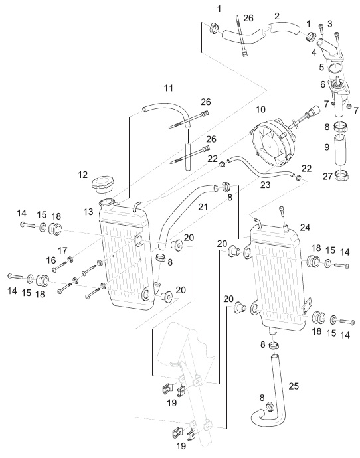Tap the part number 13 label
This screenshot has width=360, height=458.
[88, 212]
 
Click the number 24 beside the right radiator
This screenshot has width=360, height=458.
[305, 227]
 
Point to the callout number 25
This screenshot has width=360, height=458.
[294, 386]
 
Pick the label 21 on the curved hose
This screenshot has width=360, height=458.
[203, 207]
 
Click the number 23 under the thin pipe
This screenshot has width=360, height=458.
[265, 185]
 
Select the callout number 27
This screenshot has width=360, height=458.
[327, 176]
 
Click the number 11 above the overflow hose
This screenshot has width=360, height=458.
[169, 88]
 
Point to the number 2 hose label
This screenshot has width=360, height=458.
[277, 16]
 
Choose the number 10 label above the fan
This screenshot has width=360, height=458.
[260, 110]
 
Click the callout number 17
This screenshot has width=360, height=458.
[62, 251]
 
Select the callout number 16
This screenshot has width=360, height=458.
[51, 260]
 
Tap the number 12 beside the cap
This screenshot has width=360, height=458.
[83, 175]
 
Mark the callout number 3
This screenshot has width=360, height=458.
[330, 24]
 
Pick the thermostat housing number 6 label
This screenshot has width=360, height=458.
[323, 84]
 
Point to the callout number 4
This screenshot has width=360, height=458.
[314, 52]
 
